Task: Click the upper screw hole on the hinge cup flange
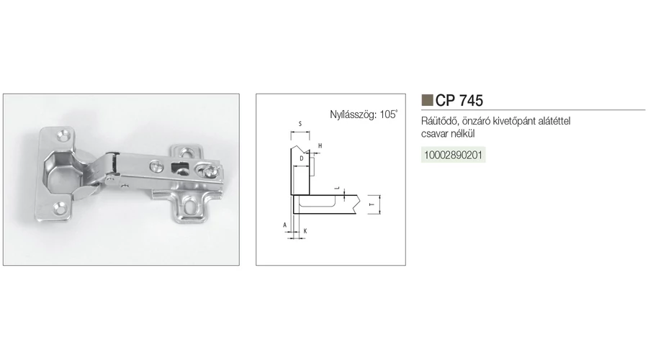(63, 135)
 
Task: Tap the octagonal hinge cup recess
(60, 171)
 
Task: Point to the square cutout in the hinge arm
(179, 168)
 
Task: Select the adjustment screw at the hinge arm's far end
(209, 171)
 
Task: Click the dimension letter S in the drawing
(300, 124)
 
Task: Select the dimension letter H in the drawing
(320, 146)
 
